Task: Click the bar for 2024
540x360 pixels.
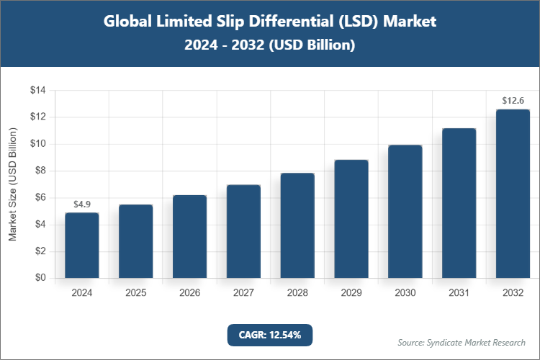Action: coord(82,246)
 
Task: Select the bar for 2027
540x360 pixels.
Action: coord(243,231)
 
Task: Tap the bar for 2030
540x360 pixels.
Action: coord(405,212)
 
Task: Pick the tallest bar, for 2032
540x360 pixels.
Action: coord(513,194)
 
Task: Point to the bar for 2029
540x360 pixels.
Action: coord(351,219)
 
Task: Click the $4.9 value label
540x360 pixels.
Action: coord(82,205)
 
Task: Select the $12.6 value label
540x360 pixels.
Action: coord(513,101)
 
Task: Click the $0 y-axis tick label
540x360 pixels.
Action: coord(40,278)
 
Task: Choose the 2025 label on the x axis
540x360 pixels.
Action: coord(135,293)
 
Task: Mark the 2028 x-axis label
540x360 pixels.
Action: coord(297,293)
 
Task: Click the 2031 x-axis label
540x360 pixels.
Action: coord(459,293)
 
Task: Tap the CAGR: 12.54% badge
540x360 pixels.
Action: coord(270,335)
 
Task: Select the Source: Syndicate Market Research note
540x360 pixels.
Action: coord(462,342)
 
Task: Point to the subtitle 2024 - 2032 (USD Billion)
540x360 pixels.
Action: coord(270,45)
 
